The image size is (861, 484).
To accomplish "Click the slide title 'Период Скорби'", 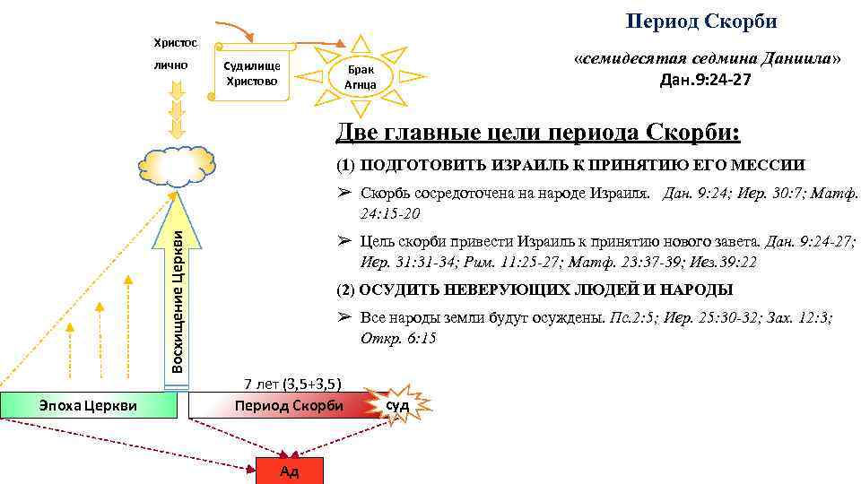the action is [x=700, y=21].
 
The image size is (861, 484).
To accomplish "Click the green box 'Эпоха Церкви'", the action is [x=88, y=405].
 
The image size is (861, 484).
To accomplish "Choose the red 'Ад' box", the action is [x=289, y=471].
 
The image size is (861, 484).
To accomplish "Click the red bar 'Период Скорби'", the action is [x=288, y=405].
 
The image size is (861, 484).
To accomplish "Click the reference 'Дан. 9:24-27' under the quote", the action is [x=705, y=80].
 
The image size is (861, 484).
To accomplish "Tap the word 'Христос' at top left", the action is [x=171, y=42].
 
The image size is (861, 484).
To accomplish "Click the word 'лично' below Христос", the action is [x=170, y=65].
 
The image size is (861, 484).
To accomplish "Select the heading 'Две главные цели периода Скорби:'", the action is [x=538, y=133].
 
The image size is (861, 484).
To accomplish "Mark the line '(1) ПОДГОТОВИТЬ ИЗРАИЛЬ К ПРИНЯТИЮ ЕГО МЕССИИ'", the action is [x=570, y=166].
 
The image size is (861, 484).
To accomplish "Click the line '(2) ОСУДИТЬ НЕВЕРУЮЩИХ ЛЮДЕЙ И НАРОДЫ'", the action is [x=535, y=290].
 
